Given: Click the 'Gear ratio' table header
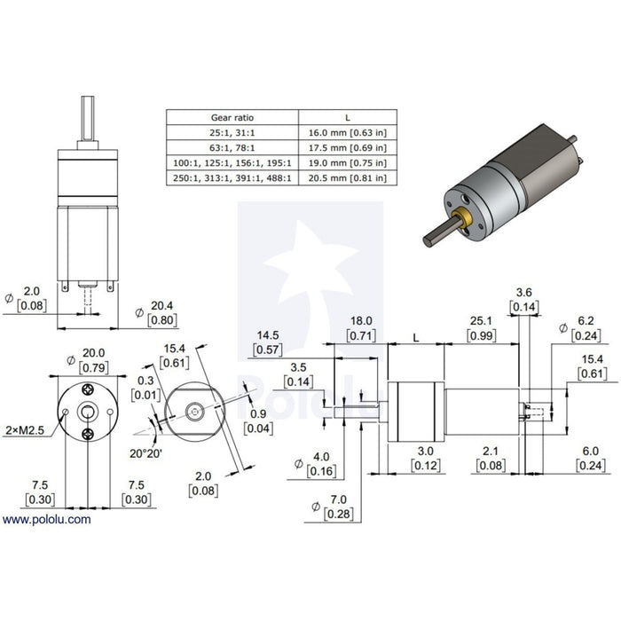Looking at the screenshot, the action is tap(232, 118).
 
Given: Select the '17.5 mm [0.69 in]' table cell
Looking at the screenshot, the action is tap(348, 148).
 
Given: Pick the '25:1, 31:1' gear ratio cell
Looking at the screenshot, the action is tap(232, 133).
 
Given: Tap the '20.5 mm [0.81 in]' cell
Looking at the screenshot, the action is tap(348, 177).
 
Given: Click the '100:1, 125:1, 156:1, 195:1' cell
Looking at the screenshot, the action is tap(232, 162).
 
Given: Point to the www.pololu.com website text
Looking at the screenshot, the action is tap(46, 519).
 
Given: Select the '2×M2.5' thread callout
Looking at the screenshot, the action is tap(25, 430).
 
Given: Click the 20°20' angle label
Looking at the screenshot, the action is tap(145, 453).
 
